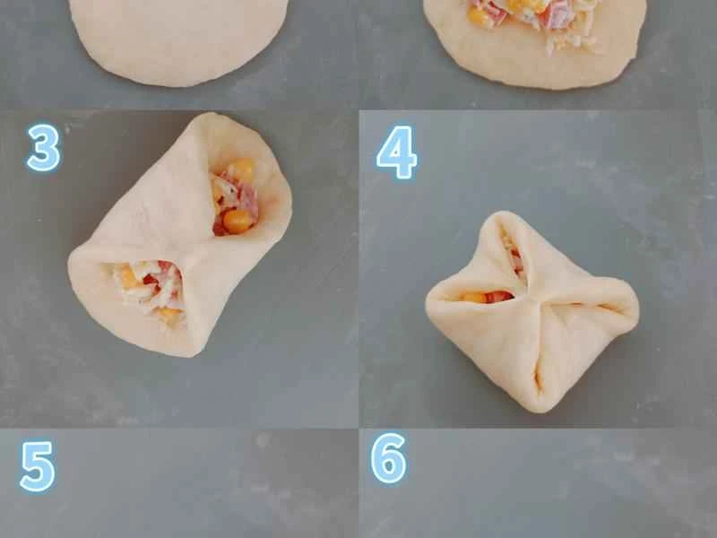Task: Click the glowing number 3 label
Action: click(x=43, y=148)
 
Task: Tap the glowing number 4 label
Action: click(x=396, y=152)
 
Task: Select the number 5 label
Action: click(x=38, y=466)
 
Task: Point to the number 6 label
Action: click(x=388, y=459)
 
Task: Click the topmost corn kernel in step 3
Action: click(x=241, y=170)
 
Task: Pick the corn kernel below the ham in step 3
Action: click(x=238, y=221)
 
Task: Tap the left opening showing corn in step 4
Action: click(x=475, y=296)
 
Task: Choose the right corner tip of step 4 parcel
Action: click(x=635, y=309)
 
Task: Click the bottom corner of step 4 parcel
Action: click(x=538, y=408)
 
